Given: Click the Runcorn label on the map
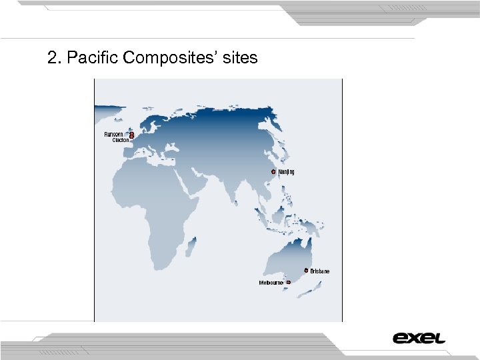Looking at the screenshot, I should pyautogui.click(x=113, y=134).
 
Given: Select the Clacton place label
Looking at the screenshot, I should pyautogui.click(x=120, y=140).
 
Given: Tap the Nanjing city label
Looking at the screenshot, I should pyautogui.click(x=286, y=172).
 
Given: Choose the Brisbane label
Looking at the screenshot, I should pyautogui.click(x=320, y=271).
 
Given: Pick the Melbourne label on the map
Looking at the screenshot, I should pyautogui.click(x=271, y=283).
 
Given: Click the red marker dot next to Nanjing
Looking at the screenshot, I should pyautogui.click(x=273, y=171).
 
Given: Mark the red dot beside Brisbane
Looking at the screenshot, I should pyautogui.click(x=306, y=271).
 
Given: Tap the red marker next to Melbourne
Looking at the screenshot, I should pyautogui.click(x=289, y=283).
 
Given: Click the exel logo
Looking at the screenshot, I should pyautogui.click(x=419, y=338).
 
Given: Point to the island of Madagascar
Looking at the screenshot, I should pyautogui.click(x=191, y=249).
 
